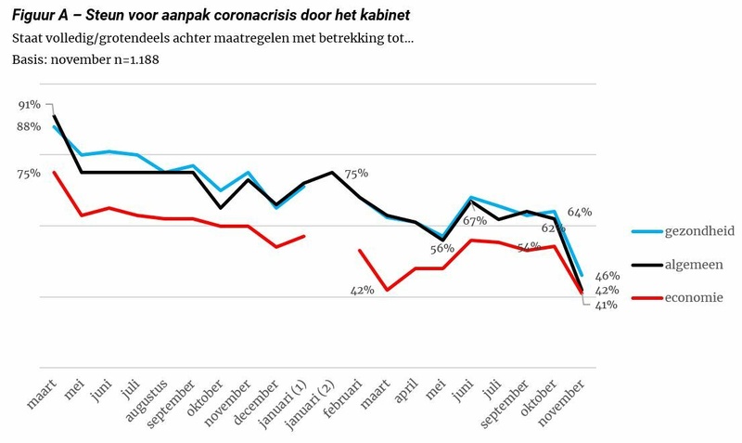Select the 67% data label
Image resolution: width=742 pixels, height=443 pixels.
pos(475,221)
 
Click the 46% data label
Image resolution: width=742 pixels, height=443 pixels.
pos(607,276)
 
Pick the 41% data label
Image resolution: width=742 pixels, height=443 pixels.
pos(607,305)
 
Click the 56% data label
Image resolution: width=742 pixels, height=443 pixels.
pos(441,248)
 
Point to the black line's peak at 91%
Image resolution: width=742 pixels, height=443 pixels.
pos(54,116)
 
